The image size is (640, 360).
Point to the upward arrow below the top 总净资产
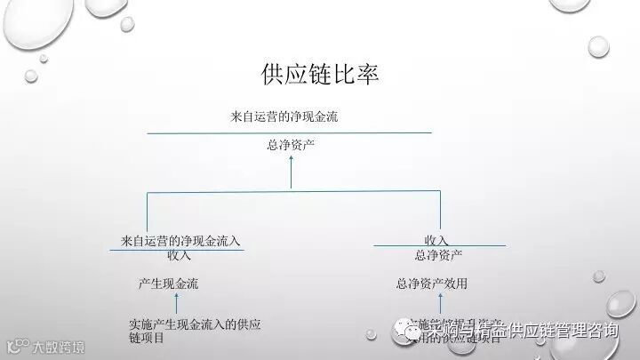(x=291, y=173)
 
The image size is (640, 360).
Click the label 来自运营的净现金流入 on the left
(x=180, y=241)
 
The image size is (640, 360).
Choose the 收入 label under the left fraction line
(x=179, y=256)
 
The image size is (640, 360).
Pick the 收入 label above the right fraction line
(x=436, y=240)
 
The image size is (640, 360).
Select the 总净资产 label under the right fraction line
(x=438, y=256)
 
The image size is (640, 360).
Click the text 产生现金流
(x=168, y=284)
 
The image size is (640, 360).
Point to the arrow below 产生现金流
(x=176, y=304)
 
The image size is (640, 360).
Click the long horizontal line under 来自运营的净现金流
(x=289, y=132)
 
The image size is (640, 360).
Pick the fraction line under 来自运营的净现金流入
(x=177, y=249)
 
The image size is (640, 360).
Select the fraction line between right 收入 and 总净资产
(x=439, y=246)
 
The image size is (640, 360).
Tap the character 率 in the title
(x=367, y=75)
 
